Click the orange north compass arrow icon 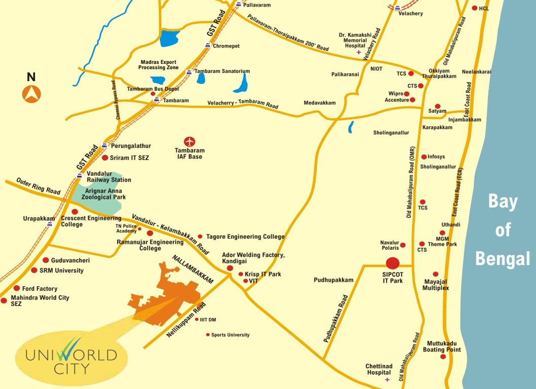[x=31, y=94]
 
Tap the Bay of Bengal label [x=503, y=230]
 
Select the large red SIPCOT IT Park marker [x=393, y=263]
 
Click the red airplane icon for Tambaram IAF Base [x=189, y=141]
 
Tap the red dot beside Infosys [x=424, y=157]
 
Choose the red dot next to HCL [x=474, y=8]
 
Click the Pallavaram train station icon [x=239, y=5]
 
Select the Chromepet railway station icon [x=207, y=46]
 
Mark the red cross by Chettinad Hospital [x=388, y=379]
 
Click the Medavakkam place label [x=320, y=103]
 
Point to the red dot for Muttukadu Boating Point [x=443, y=357]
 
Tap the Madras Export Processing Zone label [x=159, y=65]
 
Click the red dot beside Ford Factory [x=17, y=288]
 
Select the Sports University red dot [x=208, y=335]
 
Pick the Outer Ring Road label [x=38, y=186]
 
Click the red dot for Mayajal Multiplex [x=436, y=274]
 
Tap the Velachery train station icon [x=398, y=8]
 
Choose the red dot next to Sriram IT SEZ [x=105, y=158]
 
